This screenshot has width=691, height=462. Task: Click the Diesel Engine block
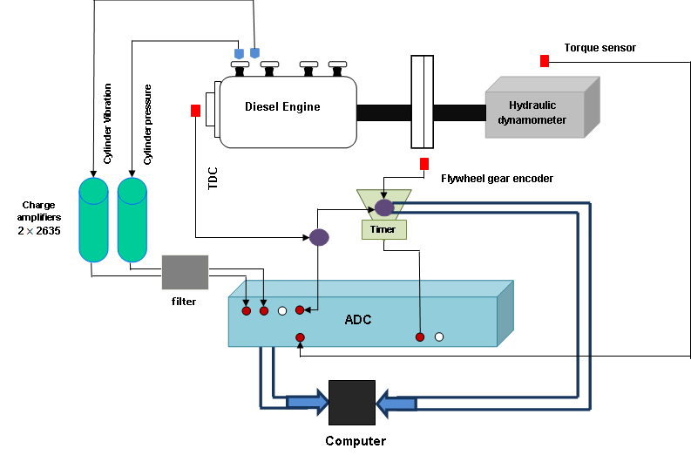coord(287,110)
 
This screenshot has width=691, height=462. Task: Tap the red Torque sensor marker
coord(544,61)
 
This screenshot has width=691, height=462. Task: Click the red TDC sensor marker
coord(195,111)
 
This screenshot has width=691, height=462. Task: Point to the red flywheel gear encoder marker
coord(424,164)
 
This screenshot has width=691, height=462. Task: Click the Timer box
coord(383,229)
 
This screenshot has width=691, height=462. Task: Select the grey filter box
coord(185,272)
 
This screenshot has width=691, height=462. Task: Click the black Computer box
coord(351,403)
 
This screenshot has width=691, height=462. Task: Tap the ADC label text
coord(357,320)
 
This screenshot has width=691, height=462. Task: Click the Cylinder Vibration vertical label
coord(108,123)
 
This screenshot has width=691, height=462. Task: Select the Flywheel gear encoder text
coord(497,179)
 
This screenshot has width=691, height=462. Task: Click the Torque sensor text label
coord(600,48)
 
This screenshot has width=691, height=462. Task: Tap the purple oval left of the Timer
coord(319,237)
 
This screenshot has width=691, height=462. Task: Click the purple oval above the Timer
coord(383,207)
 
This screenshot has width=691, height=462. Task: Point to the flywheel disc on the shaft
coord(422,102)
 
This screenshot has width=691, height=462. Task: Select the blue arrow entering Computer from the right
coord(396,404)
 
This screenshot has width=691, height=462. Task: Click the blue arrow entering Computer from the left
coord(307,402)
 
